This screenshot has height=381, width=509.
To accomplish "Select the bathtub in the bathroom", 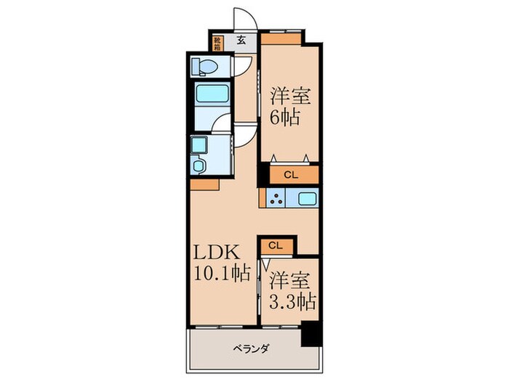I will tap(212, 95).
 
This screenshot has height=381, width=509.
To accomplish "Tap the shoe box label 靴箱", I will tap(218, 42).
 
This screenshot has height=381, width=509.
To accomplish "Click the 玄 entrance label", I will tap(241, 41).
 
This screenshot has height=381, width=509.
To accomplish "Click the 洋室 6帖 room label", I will tap(287, 106).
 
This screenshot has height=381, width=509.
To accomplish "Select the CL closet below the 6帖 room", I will tap(290, 175).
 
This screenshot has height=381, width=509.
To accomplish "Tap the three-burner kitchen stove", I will tap(276, 198).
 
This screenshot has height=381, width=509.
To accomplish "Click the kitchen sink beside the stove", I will tap(306, 198).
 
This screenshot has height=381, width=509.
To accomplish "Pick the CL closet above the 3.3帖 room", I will tap(275, 246).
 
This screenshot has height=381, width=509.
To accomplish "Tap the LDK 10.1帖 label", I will tap(221, 263).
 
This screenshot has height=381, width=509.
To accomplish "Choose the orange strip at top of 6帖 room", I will tap(281, 35).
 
